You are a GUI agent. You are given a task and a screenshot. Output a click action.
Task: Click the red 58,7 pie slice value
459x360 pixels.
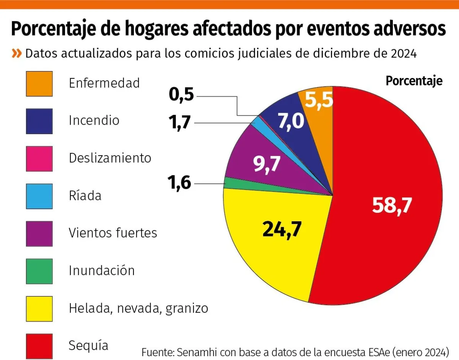click(392, 206)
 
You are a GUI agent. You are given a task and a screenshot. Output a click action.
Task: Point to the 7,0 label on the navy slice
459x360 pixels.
click(291, 122)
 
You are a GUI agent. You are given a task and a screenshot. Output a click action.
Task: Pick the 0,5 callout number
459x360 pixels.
click(182, 96)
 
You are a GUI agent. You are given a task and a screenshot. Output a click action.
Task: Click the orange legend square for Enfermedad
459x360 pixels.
click(39, 83)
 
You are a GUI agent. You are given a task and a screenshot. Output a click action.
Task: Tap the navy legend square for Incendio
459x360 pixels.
click(39, 121)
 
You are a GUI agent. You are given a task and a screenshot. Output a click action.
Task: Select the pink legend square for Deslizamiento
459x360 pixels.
click(39, 158)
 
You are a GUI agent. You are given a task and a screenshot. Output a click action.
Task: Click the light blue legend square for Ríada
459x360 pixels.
click(39, 196)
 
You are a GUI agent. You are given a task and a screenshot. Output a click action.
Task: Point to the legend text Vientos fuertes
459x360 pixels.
click(113, 232)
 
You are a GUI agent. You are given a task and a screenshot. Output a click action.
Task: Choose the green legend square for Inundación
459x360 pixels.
click(39, 271)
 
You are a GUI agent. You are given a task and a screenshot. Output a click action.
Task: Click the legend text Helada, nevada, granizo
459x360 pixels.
click(138, 308)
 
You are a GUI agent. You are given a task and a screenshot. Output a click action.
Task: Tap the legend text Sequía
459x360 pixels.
click(88, 345)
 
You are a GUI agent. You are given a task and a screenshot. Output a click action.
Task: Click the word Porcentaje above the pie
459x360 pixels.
click(414, 81)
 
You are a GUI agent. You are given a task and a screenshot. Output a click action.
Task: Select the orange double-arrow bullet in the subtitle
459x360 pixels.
click(16, 53)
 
